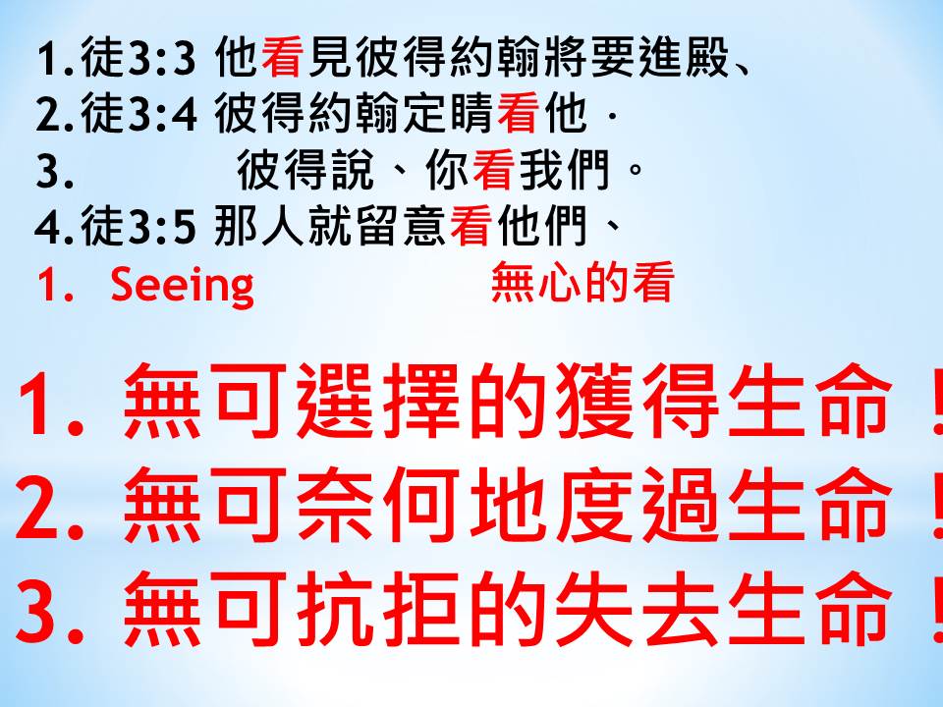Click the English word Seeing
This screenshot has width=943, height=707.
tap(183, 286)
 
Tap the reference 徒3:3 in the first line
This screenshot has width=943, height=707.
tap(139, 58)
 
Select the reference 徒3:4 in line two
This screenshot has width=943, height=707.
tap(139, 114)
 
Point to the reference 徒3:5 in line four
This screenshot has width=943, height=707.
tap(139, 227)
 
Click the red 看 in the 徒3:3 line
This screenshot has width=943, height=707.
tap(283, 58)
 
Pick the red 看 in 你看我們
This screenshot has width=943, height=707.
tap(494, 170)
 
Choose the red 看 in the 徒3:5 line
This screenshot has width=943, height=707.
tap(471, 227)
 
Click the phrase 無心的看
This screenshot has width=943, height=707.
tap(582, 282)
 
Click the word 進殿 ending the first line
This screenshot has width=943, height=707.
tap(684, 58)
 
